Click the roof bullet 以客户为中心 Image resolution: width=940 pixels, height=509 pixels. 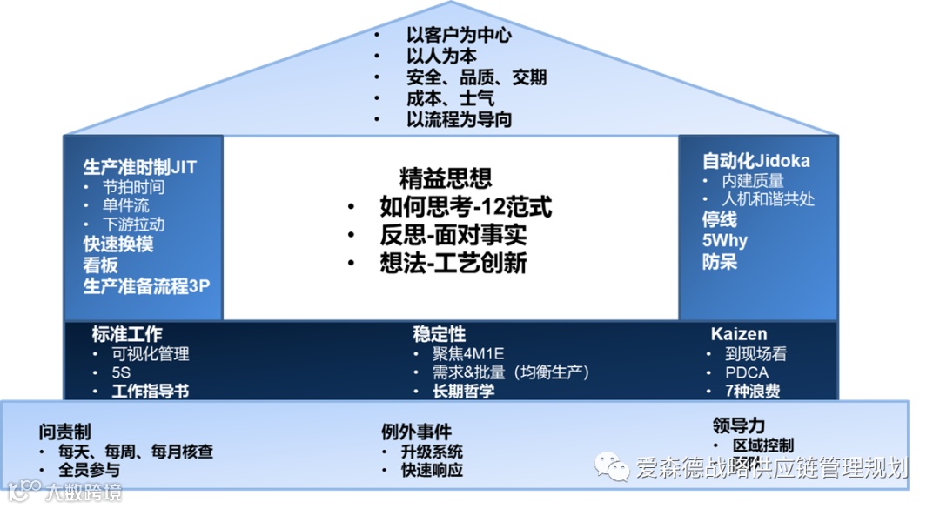(x=458, y=36)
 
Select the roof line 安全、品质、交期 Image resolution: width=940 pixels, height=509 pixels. (x=475, y=77)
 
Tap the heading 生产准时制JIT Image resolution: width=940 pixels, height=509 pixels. (x=140, y=166)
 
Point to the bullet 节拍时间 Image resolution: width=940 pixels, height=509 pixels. (x=133, y=186)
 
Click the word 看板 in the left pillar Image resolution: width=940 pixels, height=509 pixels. (x=100, y=265)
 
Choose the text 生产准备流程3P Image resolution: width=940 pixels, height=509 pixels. (x=146, y=285)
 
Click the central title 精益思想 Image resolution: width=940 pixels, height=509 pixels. (x=446, y=177)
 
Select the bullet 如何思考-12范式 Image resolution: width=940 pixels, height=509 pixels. (x=466, y=207)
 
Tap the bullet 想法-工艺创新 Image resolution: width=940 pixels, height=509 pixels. (x=453, y=263)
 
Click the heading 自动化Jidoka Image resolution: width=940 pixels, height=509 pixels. (x=756, y=161)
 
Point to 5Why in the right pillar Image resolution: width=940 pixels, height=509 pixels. (x=725, y=240)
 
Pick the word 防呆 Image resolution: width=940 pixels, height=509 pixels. (x=720, y=261)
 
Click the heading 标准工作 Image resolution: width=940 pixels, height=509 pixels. (x=127, y=334)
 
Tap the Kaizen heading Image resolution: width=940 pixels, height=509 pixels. (x=739, y=334)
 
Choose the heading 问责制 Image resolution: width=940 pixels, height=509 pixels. (x=65, y=432)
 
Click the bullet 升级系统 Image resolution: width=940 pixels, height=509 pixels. (x=432, y=452)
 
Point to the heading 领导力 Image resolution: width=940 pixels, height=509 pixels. (x=738, y=425)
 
